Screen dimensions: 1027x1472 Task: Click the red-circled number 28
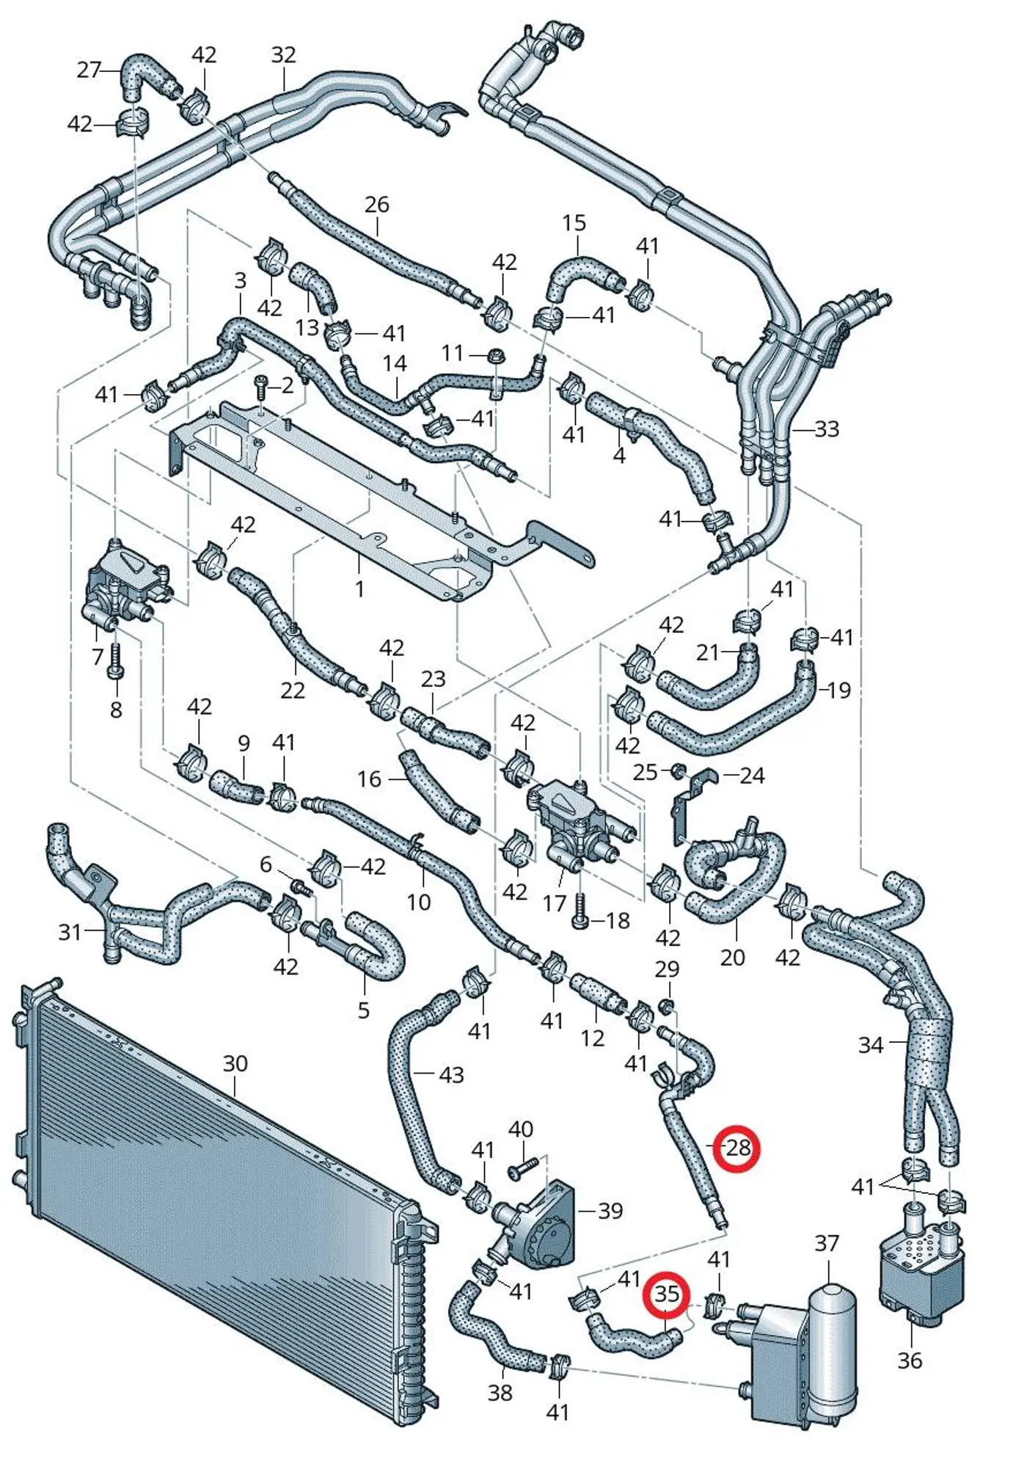[x=737, y=1148]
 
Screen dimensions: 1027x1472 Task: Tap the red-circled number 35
[x=666, y=1294]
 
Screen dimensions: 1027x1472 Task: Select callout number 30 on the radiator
[x=235, y=1063]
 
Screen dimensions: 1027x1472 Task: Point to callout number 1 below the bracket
[x=359, y=589]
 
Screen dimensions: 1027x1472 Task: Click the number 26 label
[x=376, y=205]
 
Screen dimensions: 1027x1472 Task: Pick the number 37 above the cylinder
[x=827, y=1243]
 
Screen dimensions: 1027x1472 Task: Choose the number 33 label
[x=827, y=429]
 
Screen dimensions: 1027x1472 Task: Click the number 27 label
[x=89, y=70]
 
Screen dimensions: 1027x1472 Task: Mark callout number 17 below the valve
[x=555, y=903]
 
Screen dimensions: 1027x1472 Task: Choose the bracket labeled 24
[x=690, y=806]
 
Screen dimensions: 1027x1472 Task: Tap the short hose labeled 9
[x=235, y=787]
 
